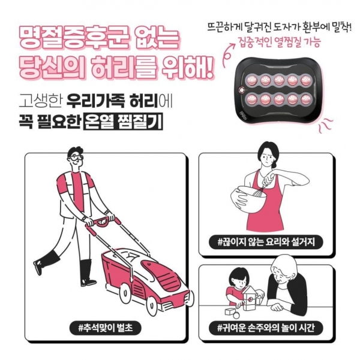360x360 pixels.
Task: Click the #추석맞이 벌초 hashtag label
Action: [105, 328]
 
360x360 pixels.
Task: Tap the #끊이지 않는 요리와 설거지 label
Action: [266, 242]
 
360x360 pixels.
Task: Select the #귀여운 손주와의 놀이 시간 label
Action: [266, 328]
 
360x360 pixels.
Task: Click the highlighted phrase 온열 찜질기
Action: [123, 121]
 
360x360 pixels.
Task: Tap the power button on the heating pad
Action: [242, 90]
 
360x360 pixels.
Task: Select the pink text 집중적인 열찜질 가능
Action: [280, 43]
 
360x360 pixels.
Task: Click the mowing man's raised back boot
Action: [46, 262]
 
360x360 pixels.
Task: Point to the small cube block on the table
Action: [230, 312]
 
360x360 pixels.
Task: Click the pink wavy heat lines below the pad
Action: [325, 125]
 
